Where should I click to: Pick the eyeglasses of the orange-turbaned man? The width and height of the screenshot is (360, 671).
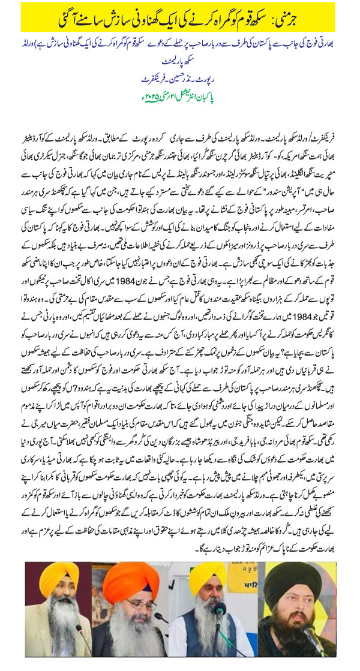click(137, 602)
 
